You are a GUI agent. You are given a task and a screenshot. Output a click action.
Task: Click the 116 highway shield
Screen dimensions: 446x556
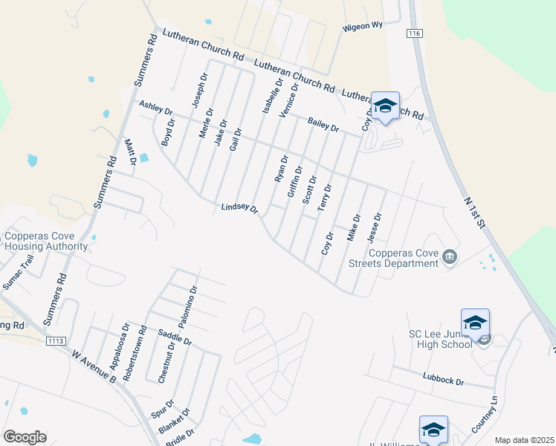(415, 34)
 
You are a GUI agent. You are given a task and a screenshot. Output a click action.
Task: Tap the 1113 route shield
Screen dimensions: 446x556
(56, 341)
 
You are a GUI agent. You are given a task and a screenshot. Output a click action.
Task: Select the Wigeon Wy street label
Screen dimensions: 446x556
(362, 27)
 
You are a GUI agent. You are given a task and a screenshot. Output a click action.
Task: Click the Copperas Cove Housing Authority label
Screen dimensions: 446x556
(46, 242)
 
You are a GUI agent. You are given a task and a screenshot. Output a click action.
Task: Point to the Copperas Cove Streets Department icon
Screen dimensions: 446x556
(450, 257)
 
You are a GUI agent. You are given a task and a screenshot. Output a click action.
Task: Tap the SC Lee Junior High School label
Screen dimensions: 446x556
(440, 339)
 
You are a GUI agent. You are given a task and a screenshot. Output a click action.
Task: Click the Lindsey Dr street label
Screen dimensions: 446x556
(239, 209)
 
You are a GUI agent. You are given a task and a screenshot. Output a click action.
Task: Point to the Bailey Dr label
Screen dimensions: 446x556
(323, 124)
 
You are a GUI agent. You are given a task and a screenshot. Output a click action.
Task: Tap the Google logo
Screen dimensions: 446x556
(25, 437)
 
